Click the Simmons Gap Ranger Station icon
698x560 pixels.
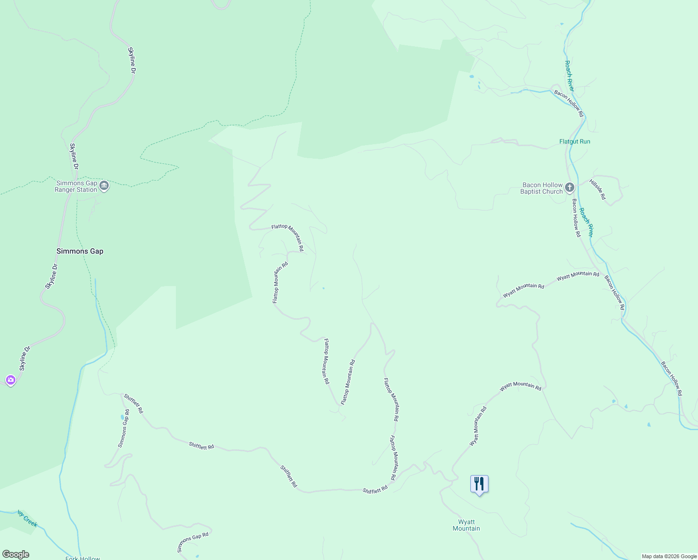pyautogui.click(x=104, y=186)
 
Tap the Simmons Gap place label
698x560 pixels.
pyautogui.click(x=80, y=251)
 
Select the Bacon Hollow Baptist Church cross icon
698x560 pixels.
pyautogui.click(x=569, y=188)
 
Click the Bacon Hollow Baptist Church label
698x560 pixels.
pyautogui.click(x=542, y=189)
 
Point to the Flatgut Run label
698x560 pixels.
pyautogui.click(x=574, y=141)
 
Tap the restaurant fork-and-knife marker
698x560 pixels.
pyautogui.click(x=479, y=484)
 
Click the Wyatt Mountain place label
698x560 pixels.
pyautogui.click(x=466, y=525)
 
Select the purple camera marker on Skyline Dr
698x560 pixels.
pyautogui.click(x=11, y=380)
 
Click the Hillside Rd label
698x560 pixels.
pyautogui.click(x=598, y=189)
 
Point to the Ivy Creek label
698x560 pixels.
pyautogui.click(x=27, y=518)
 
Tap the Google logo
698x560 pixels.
pyautogui.click(x=15, y=554)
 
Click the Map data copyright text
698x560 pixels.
pyautogui.click(x=669, y=556)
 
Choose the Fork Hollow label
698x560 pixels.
pyautogui.click(x=83, y=558)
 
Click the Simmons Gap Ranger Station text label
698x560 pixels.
pyautogui.click(x=76, y=187)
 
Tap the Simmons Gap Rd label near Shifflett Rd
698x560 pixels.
pyautogui.click(x=124, y=428)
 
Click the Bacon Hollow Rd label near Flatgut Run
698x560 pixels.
pyautogui.click(x=569, y=104)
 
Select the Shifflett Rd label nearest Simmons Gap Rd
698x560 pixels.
pyautogui.click(x=133, y=404)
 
